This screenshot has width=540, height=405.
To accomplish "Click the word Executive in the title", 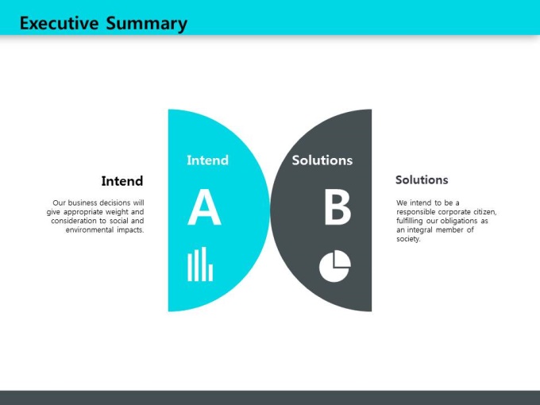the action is [60, 23].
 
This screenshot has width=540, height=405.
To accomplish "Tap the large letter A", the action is [204, 207].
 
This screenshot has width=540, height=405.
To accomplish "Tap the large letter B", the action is [337, 207].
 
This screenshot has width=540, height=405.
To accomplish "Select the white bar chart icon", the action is [200, 264].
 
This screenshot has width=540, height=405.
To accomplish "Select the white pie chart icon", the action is [335, 266].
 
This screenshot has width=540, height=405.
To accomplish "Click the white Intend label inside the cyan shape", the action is [208, 160].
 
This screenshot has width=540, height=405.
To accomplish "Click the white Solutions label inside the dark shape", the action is [322, 160].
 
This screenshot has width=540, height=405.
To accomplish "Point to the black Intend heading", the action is [122, 181].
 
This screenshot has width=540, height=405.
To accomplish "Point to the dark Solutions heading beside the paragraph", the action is [422, 179].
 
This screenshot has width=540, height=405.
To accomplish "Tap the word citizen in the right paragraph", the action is [485, 212].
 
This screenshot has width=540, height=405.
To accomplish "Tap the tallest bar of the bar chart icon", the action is [204, 264].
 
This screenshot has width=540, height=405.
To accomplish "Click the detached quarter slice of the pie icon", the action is [342, 259].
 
